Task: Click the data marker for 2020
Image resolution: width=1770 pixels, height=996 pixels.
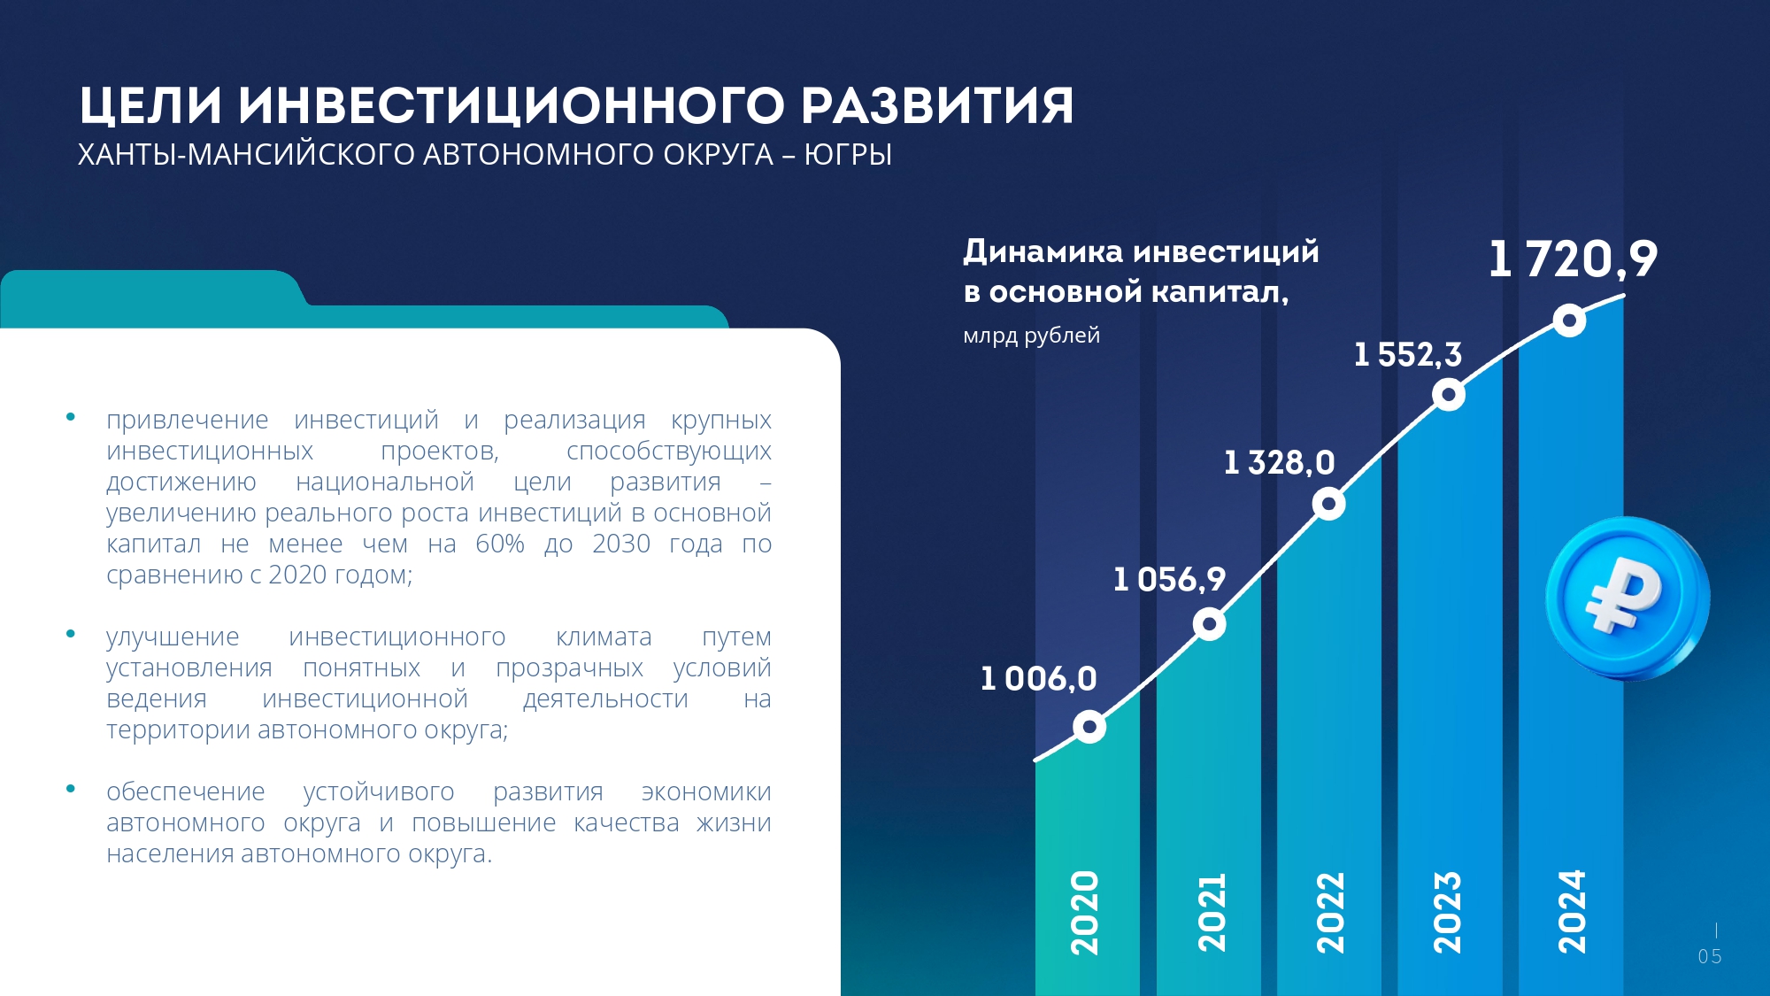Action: [1089, 727]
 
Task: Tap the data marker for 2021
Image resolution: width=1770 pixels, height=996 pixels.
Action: [1209, 624]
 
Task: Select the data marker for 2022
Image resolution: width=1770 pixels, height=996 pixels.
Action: [1328, 504]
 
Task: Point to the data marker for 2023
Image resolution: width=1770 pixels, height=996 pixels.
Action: [1449, 394]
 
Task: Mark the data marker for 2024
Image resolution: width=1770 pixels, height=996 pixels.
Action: [1569, 320]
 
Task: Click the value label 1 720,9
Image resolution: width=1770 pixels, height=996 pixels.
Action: [1573, 259]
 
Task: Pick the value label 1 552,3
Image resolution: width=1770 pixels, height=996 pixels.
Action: [1408, 355]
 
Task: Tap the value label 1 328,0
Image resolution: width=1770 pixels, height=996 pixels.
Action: [1279, 463]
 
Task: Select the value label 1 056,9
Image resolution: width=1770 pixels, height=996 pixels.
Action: [1169, 580]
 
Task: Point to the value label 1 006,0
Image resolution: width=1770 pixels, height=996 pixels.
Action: [1038, 679]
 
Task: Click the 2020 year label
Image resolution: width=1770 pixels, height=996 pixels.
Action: [1085, 913]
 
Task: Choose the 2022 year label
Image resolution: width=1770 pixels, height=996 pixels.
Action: [1330, 913]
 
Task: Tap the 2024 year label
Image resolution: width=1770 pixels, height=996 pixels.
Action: [1572, 912]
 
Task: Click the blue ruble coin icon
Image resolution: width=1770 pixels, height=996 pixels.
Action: [1627, 599]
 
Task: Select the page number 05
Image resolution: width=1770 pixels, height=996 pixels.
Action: [1710, 957]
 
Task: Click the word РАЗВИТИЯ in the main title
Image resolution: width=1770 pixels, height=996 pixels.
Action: [937, 105]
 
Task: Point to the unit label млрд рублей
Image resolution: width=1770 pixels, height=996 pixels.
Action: [1031, 336]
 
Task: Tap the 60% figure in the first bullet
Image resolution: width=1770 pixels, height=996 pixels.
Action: [500, 544]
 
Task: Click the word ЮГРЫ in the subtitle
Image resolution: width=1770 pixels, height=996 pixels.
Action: [848, 155]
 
